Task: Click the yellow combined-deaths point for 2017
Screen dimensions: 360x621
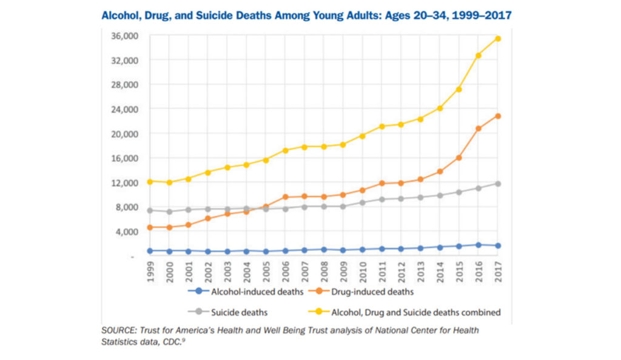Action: click(498, 39)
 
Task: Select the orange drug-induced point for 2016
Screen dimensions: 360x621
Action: click(478, 128)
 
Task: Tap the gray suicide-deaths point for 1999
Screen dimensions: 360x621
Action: click(150, 210)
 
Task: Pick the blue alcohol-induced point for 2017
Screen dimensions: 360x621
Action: click(498, 245)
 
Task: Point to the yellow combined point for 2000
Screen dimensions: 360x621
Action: click(169, 182)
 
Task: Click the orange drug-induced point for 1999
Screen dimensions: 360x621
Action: click(150, 227)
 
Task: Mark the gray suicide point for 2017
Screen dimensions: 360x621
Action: click(498, 184)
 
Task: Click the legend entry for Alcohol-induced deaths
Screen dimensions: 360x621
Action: click(249, 292)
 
